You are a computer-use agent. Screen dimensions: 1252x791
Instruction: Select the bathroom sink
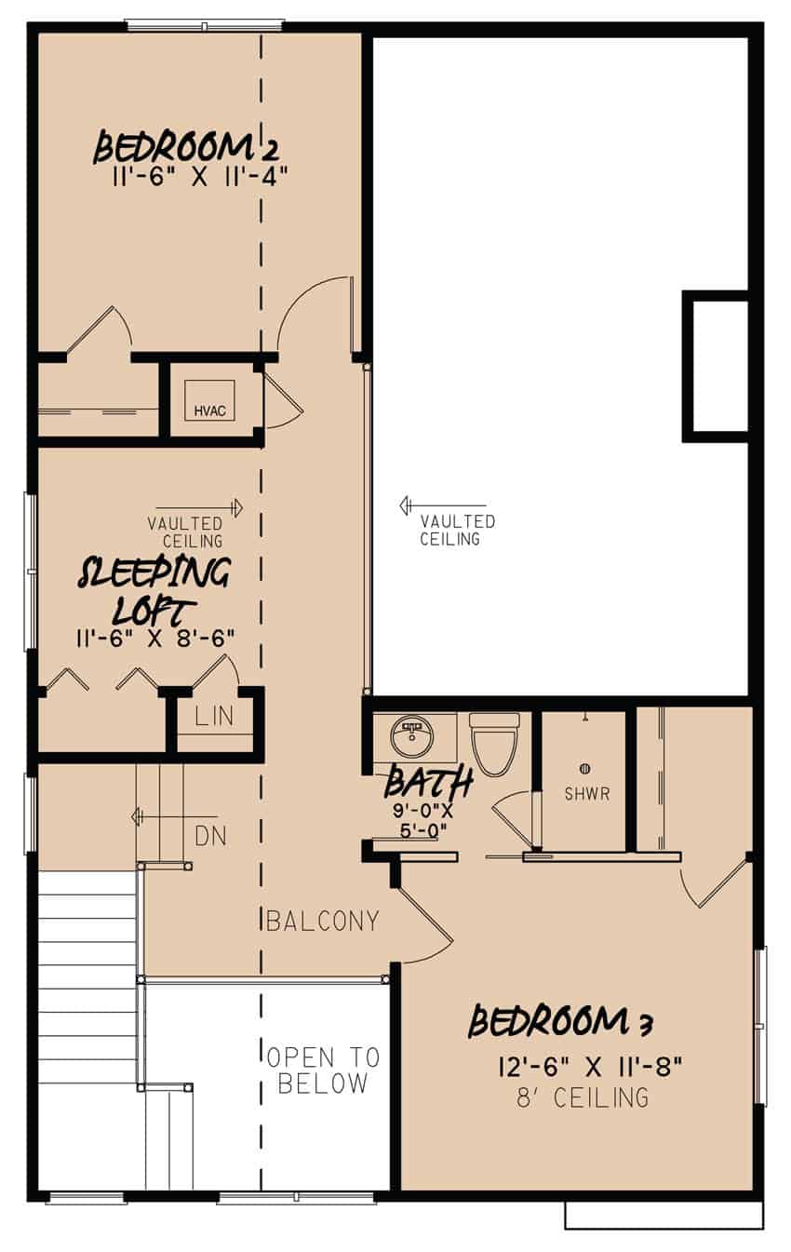click(410, 736)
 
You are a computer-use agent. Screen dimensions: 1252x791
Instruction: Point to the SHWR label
click(586, 795)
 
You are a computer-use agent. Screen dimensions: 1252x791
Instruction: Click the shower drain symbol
click(585, 768)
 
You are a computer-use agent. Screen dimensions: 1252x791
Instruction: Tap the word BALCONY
click(322, 922)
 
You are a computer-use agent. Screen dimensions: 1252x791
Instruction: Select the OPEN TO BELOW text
click(323, 1070)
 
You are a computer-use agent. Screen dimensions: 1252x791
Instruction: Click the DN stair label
click(210, 836)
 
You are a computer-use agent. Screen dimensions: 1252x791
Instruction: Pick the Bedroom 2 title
click(187, 146)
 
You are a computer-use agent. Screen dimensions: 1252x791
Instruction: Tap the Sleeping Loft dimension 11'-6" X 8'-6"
click(154, 639)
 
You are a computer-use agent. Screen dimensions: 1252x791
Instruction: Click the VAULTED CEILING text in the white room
click(456, 530)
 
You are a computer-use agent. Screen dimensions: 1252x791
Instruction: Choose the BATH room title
click(429, 783)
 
